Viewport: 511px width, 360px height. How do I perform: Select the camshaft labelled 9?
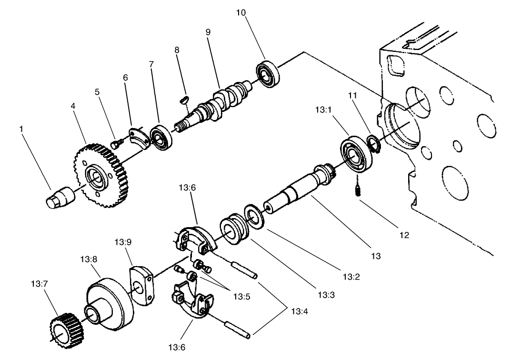[224, 102]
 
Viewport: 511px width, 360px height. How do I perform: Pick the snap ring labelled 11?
[373, 144]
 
